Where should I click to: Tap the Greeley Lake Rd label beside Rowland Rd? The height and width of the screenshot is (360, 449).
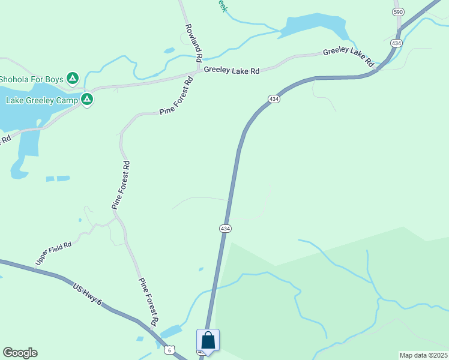pyautogui.click(x=231, y=70)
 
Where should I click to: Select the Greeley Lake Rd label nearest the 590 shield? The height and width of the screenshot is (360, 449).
pyautogui.click(x=348, y=57)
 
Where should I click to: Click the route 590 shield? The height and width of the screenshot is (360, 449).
pyautogui.click(x=397, y=12)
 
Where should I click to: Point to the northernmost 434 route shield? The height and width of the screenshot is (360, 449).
pyautogui.click(x=396, y=43)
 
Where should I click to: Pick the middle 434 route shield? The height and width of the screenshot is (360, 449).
pyautogui.click(x=274, y=99)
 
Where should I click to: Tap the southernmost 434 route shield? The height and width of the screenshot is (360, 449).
pyautogui.click(x=224, y=229)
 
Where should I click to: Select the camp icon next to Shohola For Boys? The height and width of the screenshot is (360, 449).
pyautogui.click(x=73, y=78)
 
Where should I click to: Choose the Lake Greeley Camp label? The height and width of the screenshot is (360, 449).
pyautogui.click(x=41, y=100)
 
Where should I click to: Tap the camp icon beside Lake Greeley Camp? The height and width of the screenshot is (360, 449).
pyautogui.click(x=87, y=99)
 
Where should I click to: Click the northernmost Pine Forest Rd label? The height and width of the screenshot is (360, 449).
pyautogui.click(x=175, y=96)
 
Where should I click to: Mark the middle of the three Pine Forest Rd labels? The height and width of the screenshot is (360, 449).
pyautogui.click(x=121, y=185)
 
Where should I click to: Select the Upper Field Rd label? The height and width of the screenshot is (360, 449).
pyautogui.click(x=53, y=254)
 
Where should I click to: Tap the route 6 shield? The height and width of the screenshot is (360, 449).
pyautogui.click(x=170, y=350)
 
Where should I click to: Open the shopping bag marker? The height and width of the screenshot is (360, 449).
pyautogui.click(x=208, y=340)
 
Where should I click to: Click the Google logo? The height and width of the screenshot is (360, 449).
pyautogui.click(x=20, y=353)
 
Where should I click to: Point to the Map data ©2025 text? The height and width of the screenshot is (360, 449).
pyautogui.click(x=423, y=355)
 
